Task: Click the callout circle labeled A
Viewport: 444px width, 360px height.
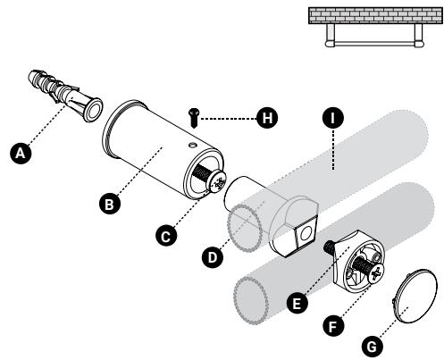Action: point(21,153)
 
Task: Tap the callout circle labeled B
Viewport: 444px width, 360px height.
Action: point(110,204)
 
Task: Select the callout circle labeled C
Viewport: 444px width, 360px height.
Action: point(166,236)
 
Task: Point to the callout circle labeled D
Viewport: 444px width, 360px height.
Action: point(213,256)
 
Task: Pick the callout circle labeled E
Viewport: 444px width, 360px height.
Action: point(297,303)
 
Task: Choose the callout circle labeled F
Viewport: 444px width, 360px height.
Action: point(333,326)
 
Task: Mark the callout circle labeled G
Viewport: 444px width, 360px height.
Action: point(373,347)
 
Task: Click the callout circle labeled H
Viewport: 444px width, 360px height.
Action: point(267,118)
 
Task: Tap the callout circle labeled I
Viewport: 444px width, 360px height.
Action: point(333,118)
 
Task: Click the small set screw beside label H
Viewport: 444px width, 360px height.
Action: point(194,118)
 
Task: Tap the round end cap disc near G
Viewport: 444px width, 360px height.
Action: point(415,296)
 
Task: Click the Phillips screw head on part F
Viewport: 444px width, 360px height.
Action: point(376,272)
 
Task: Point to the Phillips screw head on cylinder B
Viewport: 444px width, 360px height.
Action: point(218,182)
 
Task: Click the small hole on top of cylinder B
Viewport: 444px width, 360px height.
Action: point(193,145)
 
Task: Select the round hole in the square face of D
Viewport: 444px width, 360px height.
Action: point(306,234)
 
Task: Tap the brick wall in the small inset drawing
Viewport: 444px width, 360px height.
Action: point(375,15)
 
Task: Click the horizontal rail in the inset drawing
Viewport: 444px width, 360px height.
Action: point(374,44)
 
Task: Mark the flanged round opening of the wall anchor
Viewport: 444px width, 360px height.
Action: point(93,109)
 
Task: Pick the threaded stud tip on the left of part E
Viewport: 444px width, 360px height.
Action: point(329,246)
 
